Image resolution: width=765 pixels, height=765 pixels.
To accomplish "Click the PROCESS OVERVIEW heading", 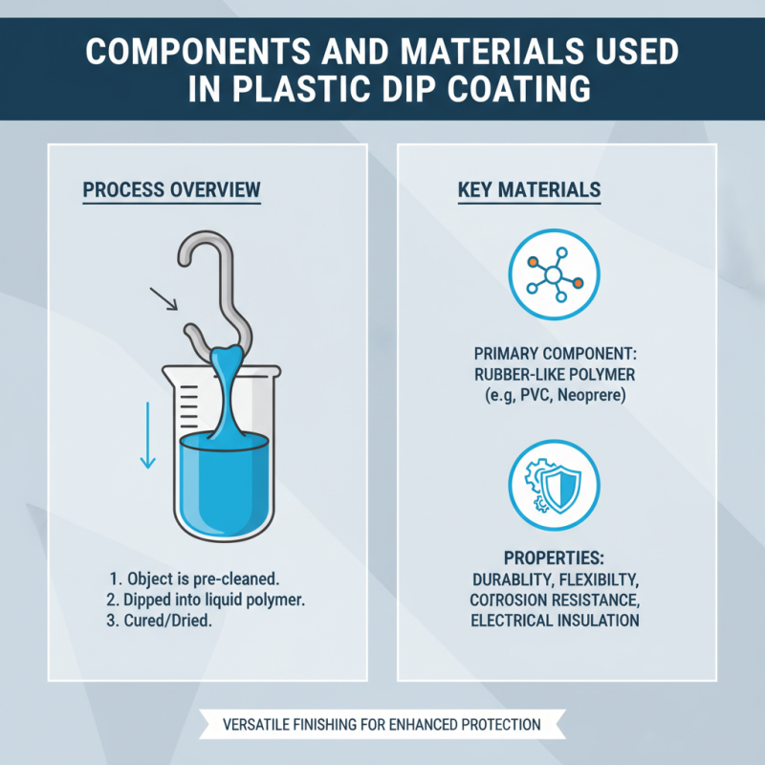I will [171, 189].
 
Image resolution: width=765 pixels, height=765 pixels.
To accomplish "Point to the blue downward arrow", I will [147, 435].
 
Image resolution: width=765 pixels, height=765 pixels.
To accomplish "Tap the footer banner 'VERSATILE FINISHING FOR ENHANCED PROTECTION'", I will [382, 724].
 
